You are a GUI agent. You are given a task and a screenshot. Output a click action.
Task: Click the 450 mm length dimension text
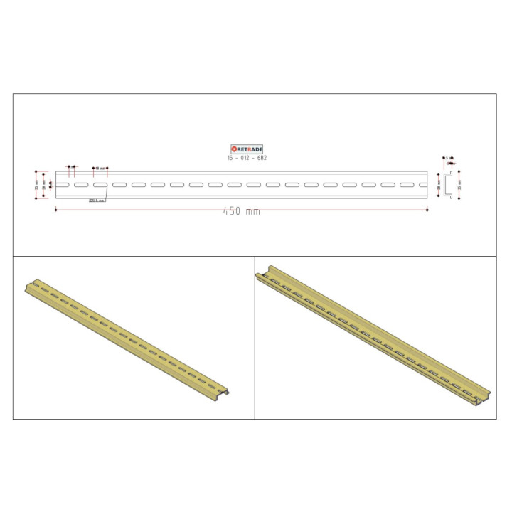tap(241, 212)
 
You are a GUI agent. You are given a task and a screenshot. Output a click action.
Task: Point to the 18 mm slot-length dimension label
tap(100, 168)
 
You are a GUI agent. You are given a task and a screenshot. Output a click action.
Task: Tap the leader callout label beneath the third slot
tap(97, 201)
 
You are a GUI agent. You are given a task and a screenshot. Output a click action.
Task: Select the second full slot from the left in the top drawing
tap(100, 185)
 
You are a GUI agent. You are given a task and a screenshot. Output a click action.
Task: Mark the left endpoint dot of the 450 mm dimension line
tap(55, 209)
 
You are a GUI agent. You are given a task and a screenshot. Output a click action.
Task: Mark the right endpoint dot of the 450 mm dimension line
tap(427, 209)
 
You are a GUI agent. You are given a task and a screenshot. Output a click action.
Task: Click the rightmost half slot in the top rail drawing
tap(422, 185)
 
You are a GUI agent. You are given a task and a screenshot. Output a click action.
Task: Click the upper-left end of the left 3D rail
tap(28, 284)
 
